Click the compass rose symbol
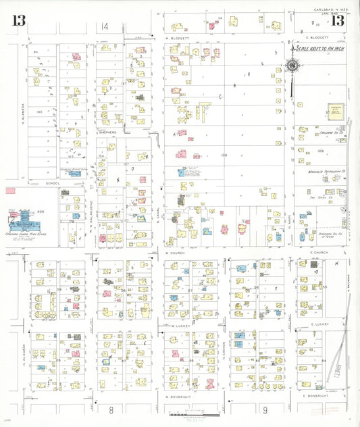292,66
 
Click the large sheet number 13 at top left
18,21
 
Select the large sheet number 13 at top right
337,21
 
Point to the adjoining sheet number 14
104,26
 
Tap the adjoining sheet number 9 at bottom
265,409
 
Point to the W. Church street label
176,253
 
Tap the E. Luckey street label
319,324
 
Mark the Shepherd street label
108,132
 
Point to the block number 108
223,155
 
